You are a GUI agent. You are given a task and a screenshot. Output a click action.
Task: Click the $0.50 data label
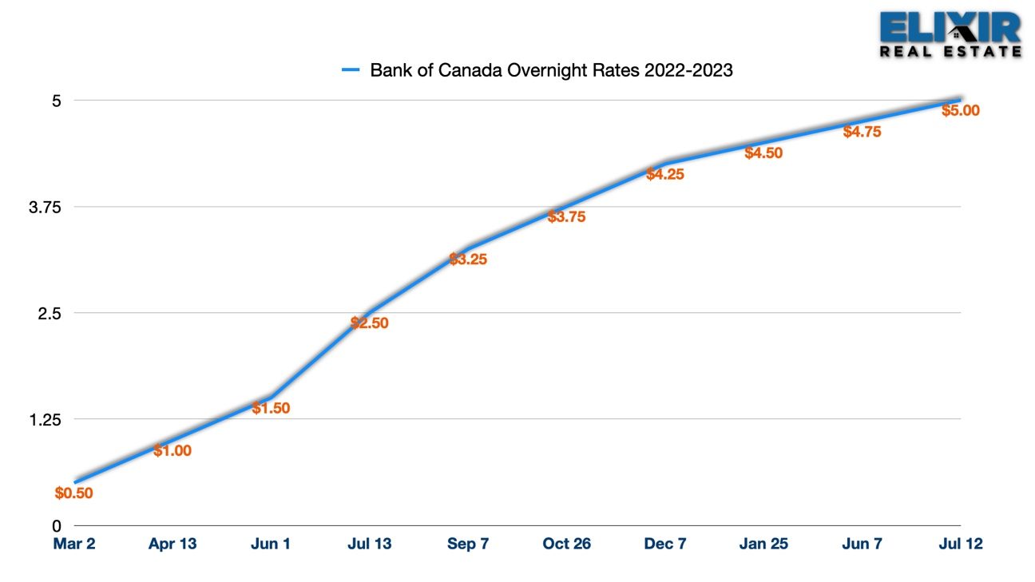(74, 493)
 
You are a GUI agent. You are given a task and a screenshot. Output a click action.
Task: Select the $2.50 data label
(369, 323)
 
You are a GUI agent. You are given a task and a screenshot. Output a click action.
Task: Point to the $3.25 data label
(468, 259)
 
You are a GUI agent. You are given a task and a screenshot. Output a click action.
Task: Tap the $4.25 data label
(665, 174)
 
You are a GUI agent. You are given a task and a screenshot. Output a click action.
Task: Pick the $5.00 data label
(961, 110)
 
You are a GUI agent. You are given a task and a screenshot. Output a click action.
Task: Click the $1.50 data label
(271, 408)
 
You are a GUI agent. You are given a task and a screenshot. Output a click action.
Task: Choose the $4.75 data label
(862, 132)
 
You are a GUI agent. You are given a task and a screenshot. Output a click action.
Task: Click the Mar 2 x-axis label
(74, 544)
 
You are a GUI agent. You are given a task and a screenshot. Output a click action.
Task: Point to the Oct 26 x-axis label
(566, 544)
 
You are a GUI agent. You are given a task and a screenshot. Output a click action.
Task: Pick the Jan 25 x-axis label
(763, 544)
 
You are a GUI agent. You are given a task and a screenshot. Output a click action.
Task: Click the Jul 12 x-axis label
(961, 544)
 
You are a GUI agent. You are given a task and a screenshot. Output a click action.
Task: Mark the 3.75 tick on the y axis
(45, 208)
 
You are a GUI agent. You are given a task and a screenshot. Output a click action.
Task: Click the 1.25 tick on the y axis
(45, 420)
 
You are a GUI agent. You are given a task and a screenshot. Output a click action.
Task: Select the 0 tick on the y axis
(57, 526)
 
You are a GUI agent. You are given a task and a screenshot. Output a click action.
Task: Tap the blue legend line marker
(351, 70)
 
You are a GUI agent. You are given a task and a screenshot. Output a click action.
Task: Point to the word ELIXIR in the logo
(950, 27)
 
